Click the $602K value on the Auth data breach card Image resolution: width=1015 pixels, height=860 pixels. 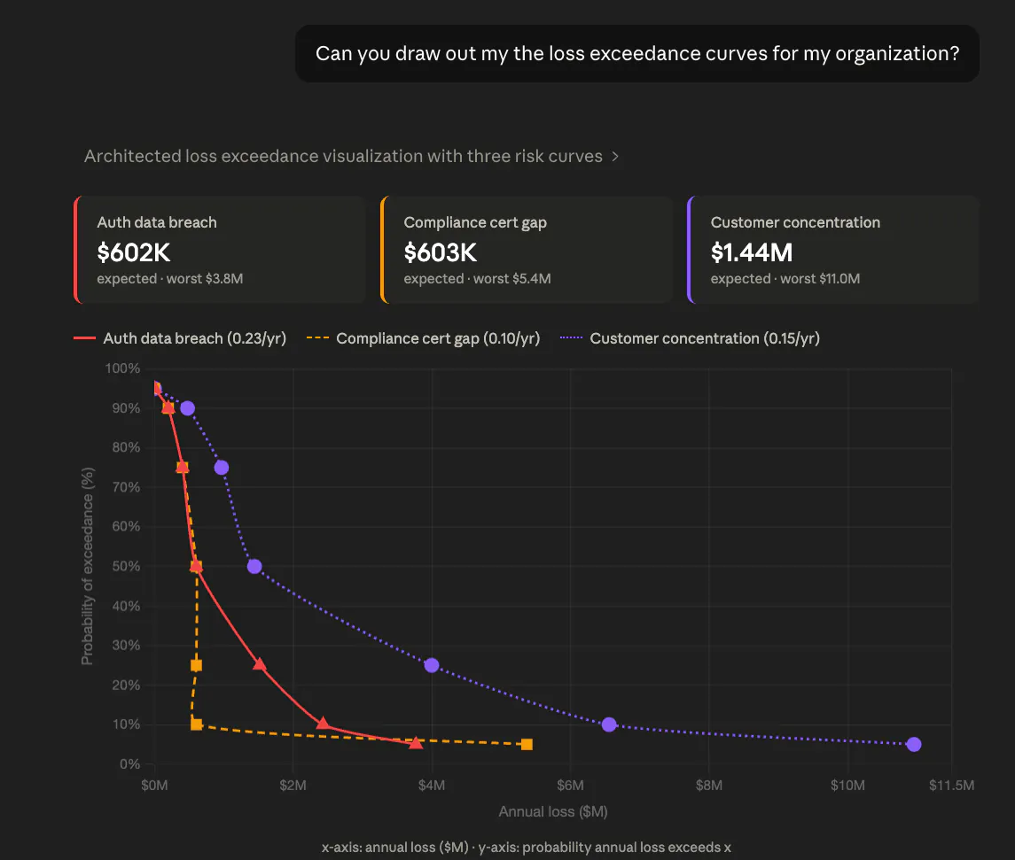(x=133, y=252)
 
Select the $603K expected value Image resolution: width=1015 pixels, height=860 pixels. (x=441, y=252)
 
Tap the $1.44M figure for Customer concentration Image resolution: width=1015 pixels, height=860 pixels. (x=752, y=252)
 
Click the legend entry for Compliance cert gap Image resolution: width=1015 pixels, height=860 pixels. (x=423, y=338)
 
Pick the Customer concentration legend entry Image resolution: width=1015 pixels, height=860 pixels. (x=690, y=338)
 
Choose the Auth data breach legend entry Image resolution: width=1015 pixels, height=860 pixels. (x=180, y=338)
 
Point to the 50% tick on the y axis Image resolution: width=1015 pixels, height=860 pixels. (x=126, y=567)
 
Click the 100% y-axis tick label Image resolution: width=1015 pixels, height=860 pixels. (x=123, y=368)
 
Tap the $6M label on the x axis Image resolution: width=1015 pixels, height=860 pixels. (x=570, y=785)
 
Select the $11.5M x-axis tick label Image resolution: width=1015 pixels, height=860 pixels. (x=951, y=785)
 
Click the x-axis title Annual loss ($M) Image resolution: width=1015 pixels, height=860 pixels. (x=553, y=811)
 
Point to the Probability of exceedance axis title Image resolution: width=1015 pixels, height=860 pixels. (x=88, y=566)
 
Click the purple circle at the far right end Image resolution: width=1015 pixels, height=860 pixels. (x=914, y=744)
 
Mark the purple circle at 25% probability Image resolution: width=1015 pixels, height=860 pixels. (x=432, y=665)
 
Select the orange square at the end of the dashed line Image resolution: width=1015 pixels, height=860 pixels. (x=527, y=744)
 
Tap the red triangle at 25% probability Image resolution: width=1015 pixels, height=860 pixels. (x=260, y=664)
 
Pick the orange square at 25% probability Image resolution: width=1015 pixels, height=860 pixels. (x=196, y=665)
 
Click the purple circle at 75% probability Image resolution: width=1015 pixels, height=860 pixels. (x=222, y=468)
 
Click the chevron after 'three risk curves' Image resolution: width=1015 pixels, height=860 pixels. (x=615, y=157)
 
